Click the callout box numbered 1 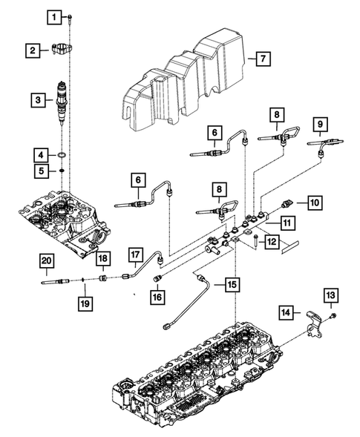[x=53, y=15]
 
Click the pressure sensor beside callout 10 [x=288, y=202]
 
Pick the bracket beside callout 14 [x=312, y=323]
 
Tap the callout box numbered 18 [x=102, y=257]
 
